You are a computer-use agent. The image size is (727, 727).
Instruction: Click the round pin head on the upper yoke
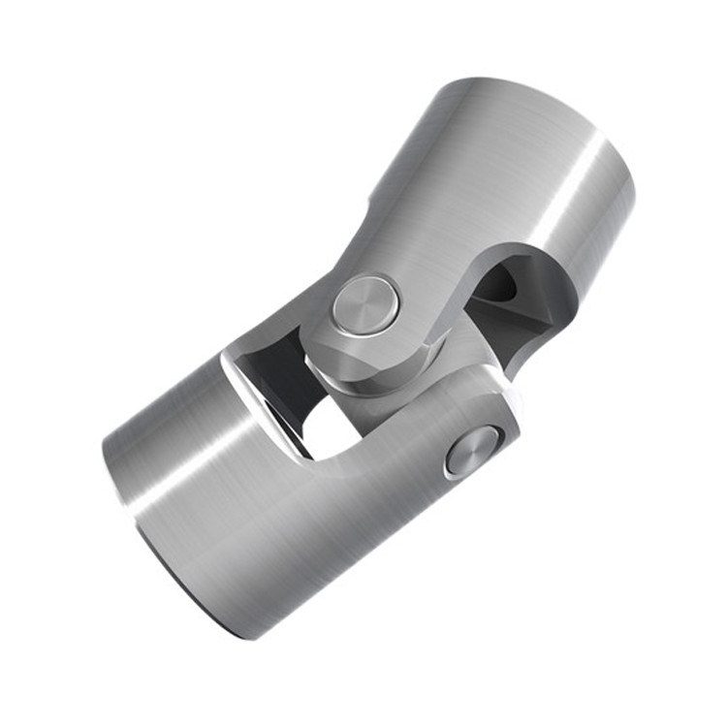click(x=363, y=303)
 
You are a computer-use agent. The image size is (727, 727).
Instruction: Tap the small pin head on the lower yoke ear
click(x=472, y=451)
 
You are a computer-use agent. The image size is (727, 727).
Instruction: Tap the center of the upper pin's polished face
click(x=363, y=303)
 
